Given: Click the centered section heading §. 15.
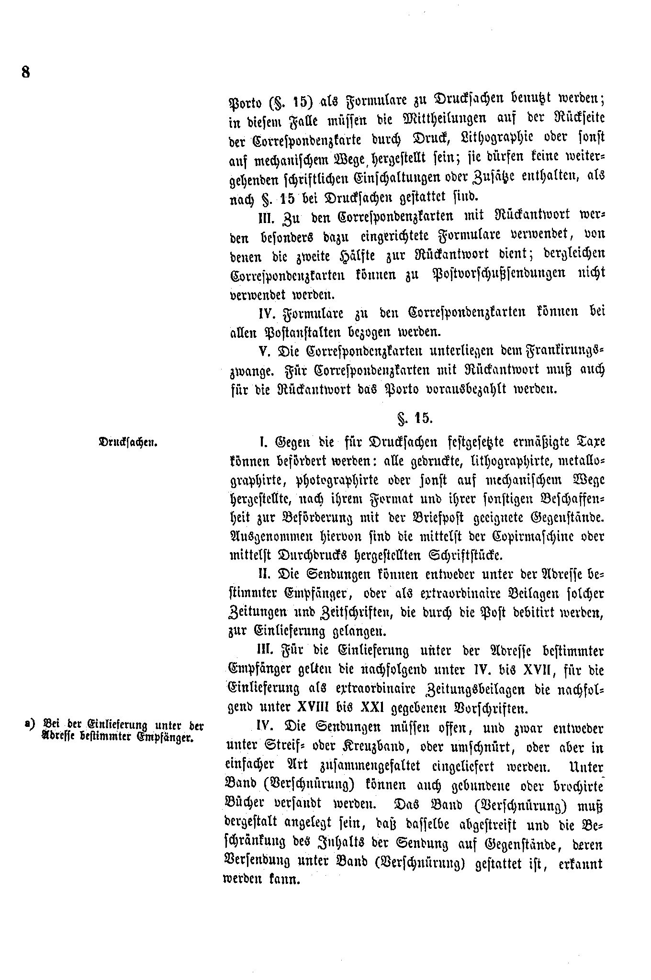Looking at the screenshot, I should pyautogui.click(x=415, y=418).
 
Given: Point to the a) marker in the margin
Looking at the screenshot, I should pyautogui.click(x=32, y=724).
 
